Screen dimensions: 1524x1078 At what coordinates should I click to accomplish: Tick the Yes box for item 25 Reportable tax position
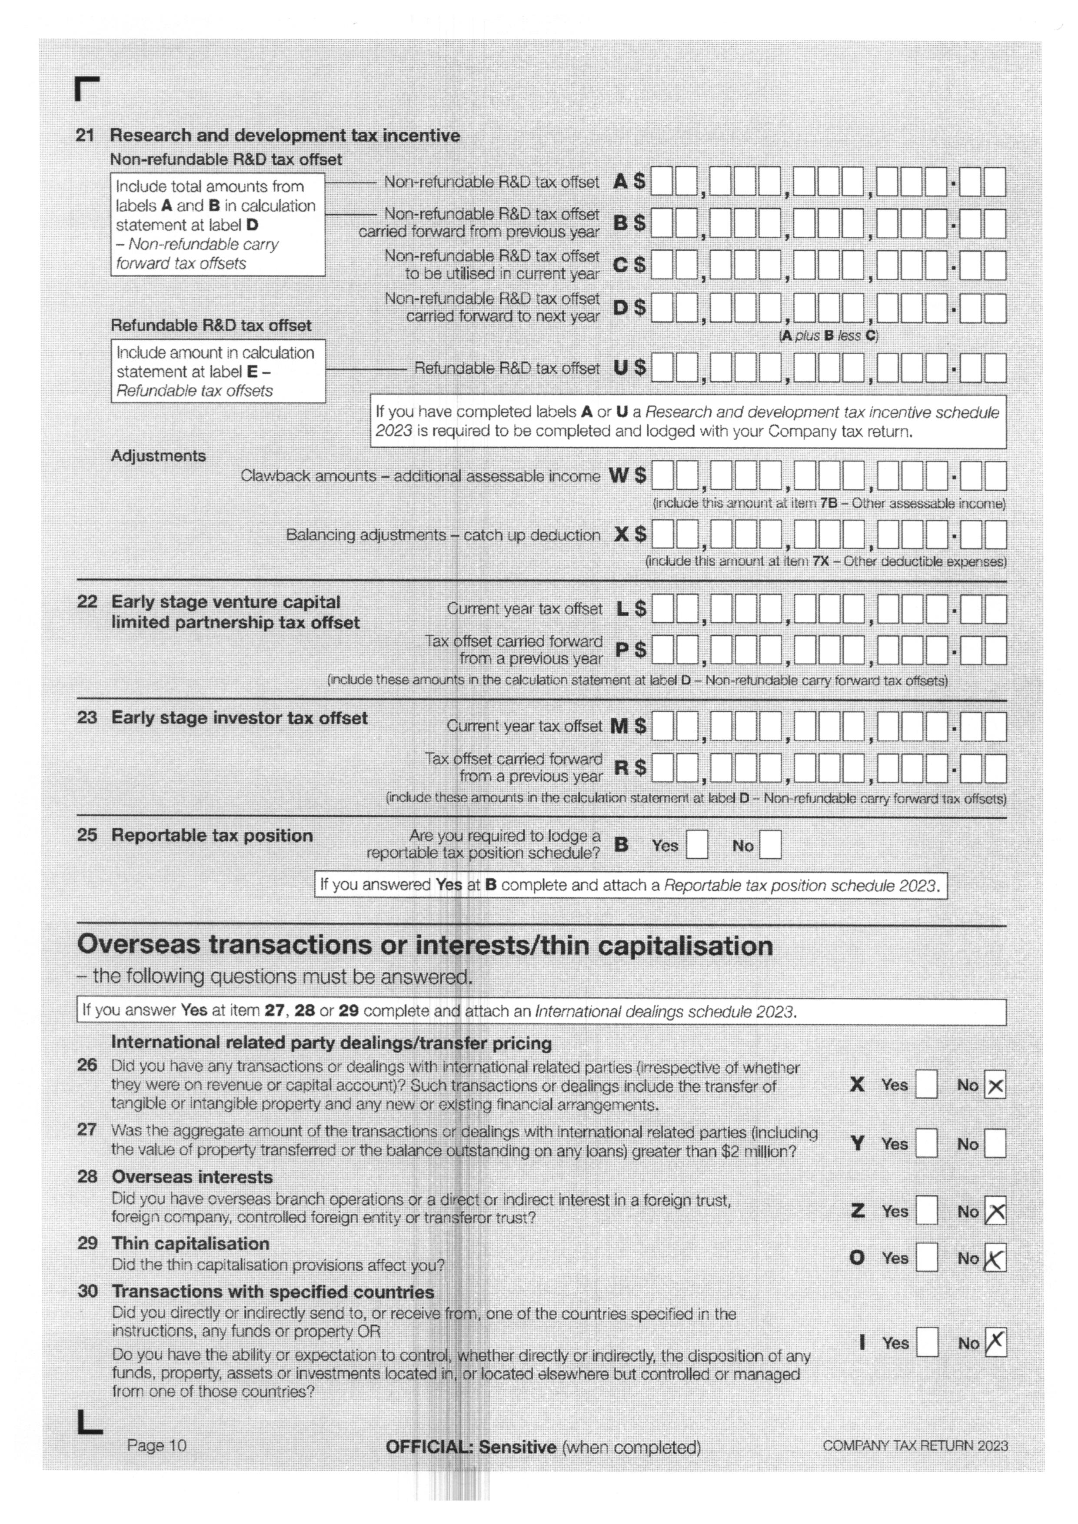[x=696, y=845]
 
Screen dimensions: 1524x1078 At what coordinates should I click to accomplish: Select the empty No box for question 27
[x=995, y=1144]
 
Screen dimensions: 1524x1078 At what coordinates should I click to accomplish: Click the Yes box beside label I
[x=927, y=1343]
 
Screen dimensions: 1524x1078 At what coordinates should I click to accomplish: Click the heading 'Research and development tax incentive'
[x=285, y=136]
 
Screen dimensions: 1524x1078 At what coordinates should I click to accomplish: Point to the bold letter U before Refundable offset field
[x=620, y=367]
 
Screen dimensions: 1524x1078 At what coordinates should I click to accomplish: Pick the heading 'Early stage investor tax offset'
[x=239, y=718]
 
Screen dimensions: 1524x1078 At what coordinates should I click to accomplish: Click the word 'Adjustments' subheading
[x=158, y=456]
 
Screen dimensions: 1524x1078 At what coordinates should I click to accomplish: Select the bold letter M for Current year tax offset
[x=619, y=726]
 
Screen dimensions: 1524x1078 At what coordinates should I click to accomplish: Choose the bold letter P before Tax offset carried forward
[x=621, y=650]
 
